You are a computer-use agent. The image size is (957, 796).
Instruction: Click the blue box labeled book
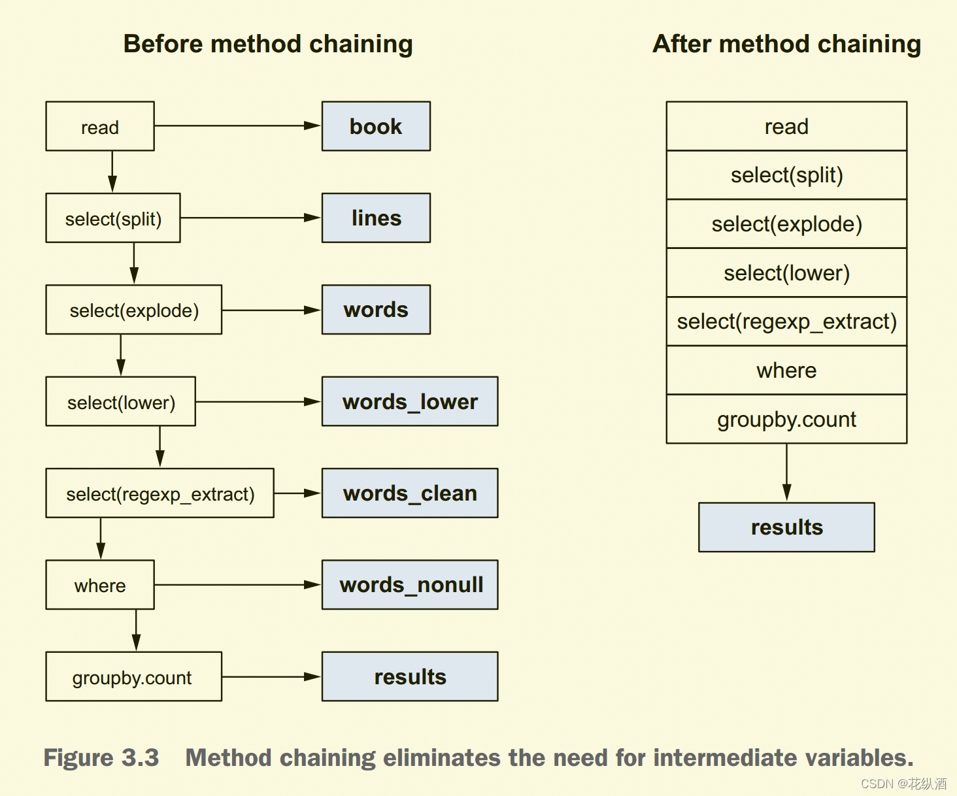pos(376,126)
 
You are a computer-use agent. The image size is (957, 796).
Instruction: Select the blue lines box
pos(376,218)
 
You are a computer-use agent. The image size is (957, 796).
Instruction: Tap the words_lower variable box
pos(410,401)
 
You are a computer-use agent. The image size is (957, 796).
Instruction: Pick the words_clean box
pos(410,493)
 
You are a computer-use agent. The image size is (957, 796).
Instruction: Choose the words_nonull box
pos(410,584)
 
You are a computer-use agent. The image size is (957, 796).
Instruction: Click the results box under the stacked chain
pos(786,527)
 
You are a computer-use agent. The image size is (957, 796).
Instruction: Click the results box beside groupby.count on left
pos(410,676)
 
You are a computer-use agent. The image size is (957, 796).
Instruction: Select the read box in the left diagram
pos(100,126)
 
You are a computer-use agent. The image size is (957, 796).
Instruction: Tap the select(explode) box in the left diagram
pos(134,310)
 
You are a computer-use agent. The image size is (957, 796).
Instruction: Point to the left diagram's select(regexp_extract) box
pos(160,493)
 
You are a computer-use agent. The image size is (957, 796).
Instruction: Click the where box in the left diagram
pos(100,584)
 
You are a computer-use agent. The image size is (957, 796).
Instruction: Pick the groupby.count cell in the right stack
pos(786,419)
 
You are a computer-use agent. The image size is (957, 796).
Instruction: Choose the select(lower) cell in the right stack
pos(786,273)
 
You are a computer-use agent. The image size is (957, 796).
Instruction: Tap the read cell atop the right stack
pos(786,126)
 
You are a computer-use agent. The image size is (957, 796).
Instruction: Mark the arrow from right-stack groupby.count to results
pos(786,472)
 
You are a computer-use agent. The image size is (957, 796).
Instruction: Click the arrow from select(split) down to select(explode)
pos(134,263)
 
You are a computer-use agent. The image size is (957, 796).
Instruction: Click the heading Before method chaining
pos(268,44)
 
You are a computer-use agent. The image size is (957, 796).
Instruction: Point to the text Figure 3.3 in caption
pos(101,757)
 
